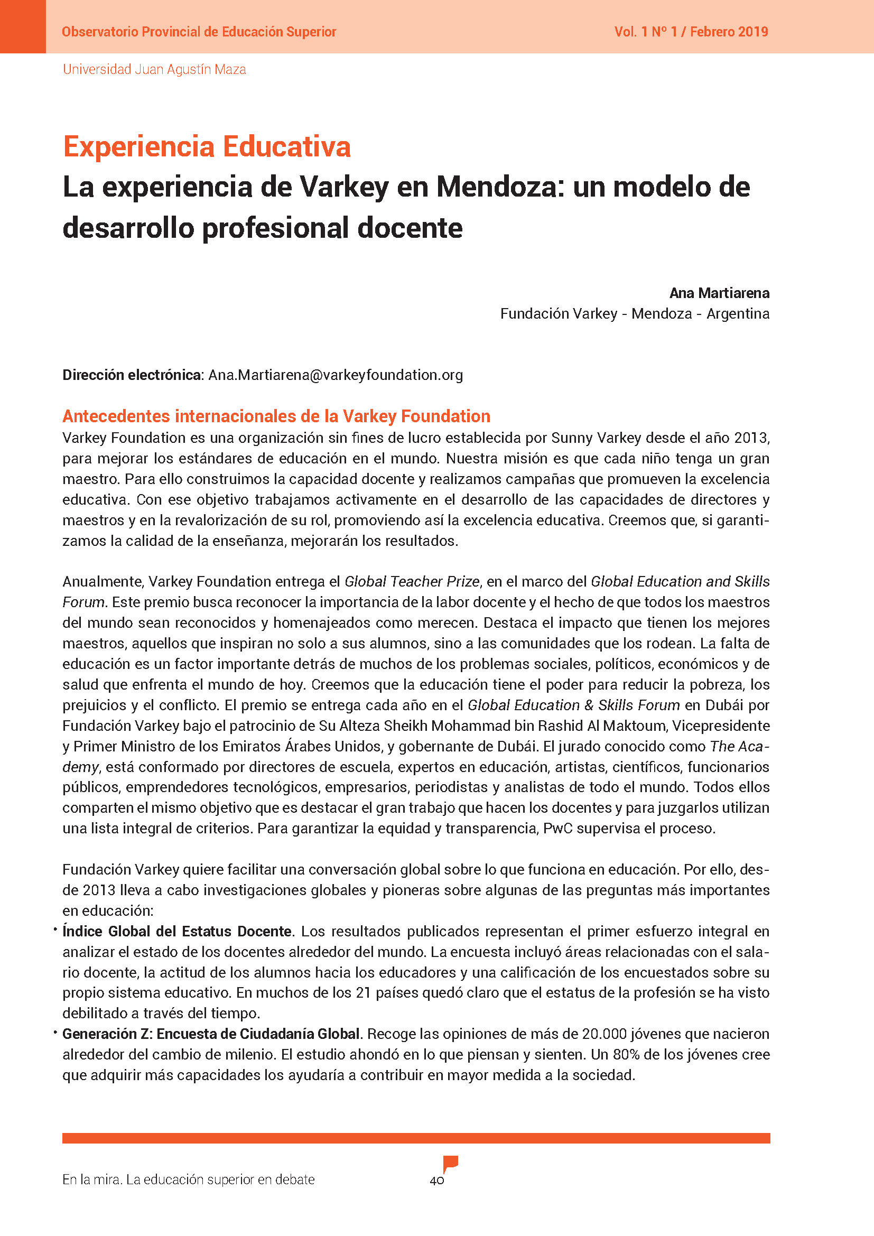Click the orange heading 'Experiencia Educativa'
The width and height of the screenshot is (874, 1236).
(207, 147)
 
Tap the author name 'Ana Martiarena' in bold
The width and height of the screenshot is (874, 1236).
(719, 293)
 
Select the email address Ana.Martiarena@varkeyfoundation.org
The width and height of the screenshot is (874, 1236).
(336, 375)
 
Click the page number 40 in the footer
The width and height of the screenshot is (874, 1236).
(436, 1181)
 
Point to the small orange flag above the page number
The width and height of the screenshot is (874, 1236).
(450, 1163)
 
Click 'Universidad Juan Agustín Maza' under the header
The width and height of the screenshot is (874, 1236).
(154, 69)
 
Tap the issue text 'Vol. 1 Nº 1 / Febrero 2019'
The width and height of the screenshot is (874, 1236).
(691, 32)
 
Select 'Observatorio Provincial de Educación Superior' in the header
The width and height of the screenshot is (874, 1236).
(199, 32)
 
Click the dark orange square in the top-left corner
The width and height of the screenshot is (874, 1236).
(23, 26)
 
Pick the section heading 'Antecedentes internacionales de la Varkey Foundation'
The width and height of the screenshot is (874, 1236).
(276, 416)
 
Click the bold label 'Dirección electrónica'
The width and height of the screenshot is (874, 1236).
(132, 375)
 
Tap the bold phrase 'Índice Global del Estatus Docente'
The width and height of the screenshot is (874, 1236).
(177, 931)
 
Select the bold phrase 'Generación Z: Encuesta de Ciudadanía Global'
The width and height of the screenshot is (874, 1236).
(211, 1034)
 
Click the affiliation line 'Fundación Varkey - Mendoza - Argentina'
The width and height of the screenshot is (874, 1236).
(635, 314)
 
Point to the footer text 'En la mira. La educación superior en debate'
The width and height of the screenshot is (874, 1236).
(188, 1179)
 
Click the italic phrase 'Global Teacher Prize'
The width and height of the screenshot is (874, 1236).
(412, 582)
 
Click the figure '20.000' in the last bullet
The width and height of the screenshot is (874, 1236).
(604, 1034)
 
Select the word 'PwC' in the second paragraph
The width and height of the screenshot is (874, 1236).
(557, 829)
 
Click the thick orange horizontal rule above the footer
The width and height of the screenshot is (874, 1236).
(416, 1138)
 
